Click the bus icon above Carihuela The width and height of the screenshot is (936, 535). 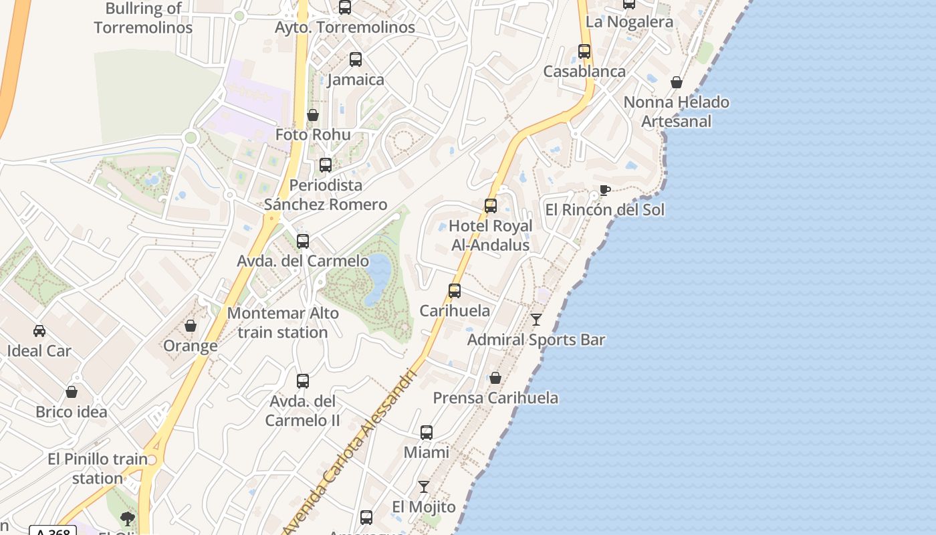pyautogui.click(x=455, y=291)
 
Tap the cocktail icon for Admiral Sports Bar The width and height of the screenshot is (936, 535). pyautogui.click(x=536, y=320)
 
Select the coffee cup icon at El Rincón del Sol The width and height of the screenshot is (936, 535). pyautogui.click(x=604, y=190)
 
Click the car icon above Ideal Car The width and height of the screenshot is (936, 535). pyautogui.click(x=39, y=331)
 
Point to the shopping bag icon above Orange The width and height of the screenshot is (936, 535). pyautogui.click(x=191, y=326)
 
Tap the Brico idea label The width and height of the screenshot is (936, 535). pyautogui.click(x=72, y=412)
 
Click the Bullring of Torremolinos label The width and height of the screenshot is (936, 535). pyautogui.click(x=143, y=18)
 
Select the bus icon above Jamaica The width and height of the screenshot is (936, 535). pyautogui.click(x=356, y=60)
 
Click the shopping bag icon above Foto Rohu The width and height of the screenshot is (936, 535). pyautogui.click(x=313, y=115)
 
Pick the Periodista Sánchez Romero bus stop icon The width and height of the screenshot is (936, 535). pyautogui.click(x=326, y=165)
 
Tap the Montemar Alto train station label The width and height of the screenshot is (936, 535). pyautogui.click(x=283, y=322)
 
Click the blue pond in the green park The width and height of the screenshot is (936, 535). pyautogui.click(x=378, y=278)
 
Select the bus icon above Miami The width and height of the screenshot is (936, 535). pyautogui.click(x=427, y=433)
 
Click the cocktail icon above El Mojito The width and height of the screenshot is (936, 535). pyautogui.click(x=424, y=487)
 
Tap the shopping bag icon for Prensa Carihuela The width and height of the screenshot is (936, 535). pyautogui.click(x=495, y=378)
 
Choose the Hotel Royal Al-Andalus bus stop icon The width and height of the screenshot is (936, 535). pyautogui.click(x=491, y=206)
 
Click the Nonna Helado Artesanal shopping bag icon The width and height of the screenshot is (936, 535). pyautogui.click(x=677, y=82)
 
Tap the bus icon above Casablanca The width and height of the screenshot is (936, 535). pyautogui.click(x=584, y=51)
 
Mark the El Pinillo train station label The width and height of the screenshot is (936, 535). pyautogui.click(x=98, y=469)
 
